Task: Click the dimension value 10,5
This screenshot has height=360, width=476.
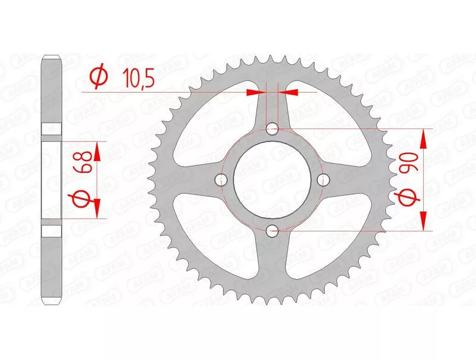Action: click(x=139, y=78)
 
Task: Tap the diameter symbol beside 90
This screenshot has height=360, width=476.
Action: click(x=407, y=198)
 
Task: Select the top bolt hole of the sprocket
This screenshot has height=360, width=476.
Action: click(x=272, y=129)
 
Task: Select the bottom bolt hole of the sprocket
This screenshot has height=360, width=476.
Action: click(x=272, y=231)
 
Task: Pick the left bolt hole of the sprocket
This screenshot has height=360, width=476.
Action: click(x=221, y=180)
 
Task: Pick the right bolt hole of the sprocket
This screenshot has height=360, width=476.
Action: click(x=323, y=180)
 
